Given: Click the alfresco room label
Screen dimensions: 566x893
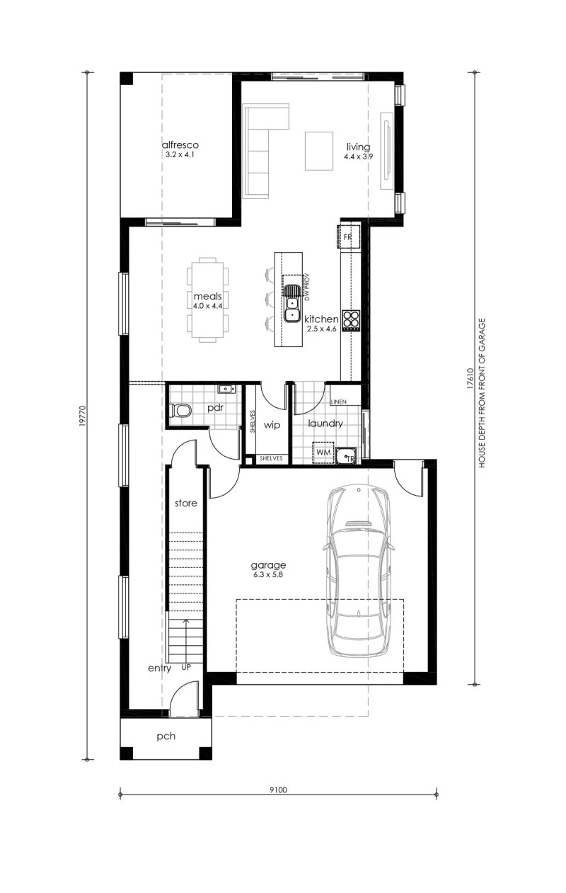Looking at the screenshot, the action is coord(180,144).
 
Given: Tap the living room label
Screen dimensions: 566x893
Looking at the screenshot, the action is coord(358,147).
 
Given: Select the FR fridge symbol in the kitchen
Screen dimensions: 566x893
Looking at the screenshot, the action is coord(348,237).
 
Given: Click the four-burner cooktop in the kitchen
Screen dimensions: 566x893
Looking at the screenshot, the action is coord(351,321).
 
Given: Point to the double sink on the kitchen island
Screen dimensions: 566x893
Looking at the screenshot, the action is coord(292,303).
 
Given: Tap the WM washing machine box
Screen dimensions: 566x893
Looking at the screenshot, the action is coord(323,453).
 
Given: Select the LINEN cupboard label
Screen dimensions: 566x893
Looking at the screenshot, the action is coord(339,402).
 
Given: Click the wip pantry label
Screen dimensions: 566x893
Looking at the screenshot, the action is coord(272,425).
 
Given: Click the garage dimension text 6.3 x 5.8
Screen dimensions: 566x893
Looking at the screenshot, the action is coord(268,574).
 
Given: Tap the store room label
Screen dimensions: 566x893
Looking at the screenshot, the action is coord(186,503).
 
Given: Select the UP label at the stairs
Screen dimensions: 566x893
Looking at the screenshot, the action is coord(186,667).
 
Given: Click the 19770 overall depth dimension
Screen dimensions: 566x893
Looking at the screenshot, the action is coord(83,416).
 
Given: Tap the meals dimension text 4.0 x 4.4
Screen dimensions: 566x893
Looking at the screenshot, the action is coord(207,306).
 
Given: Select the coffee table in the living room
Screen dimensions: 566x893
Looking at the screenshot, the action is coord(319,151).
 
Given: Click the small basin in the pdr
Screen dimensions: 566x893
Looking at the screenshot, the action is coord(226,388).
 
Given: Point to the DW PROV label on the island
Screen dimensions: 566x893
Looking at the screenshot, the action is coord(306,287).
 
